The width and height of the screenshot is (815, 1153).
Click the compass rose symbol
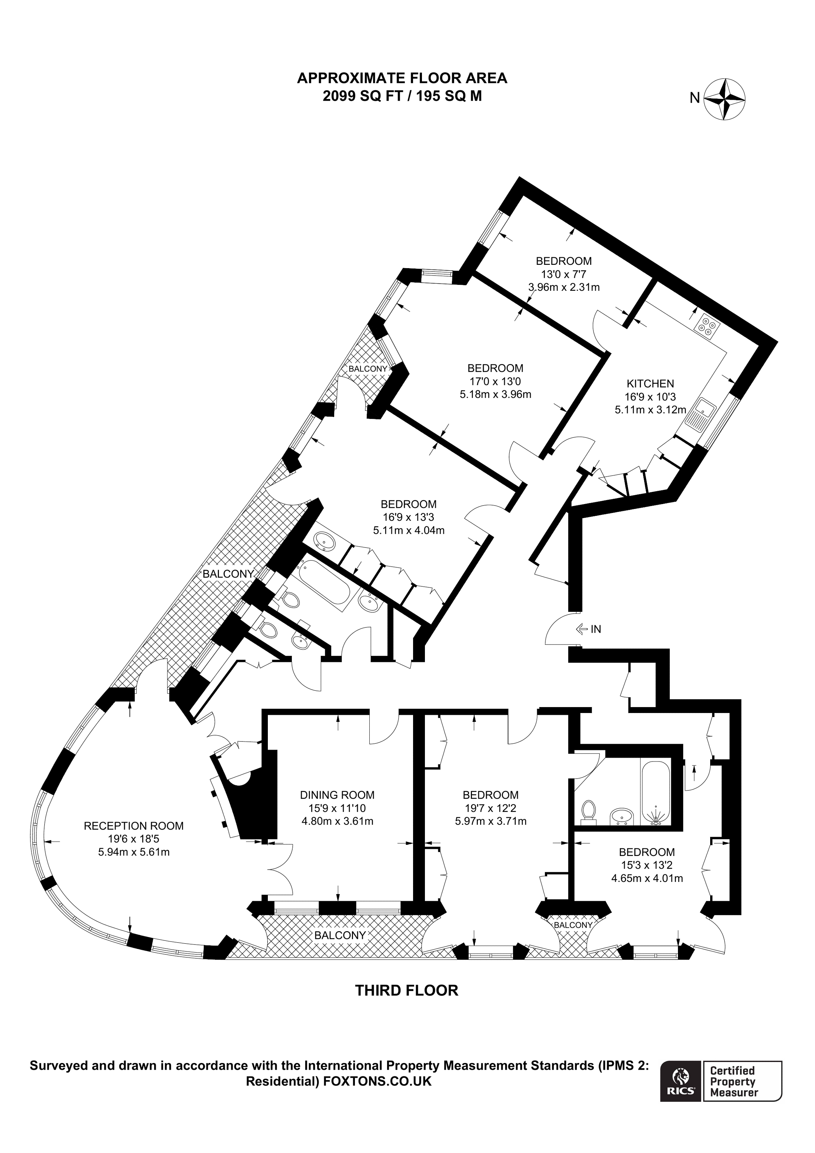tap(724, 99)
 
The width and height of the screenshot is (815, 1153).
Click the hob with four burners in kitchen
tap(707, 326)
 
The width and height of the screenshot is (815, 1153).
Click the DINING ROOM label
tap(337, 795)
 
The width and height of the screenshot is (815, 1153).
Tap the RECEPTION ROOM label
tap(134, 826)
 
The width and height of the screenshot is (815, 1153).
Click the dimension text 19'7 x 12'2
tap(490, 808)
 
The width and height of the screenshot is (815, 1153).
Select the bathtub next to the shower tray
tap(655, 791)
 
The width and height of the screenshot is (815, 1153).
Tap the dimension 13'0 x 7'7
tap(563, 274)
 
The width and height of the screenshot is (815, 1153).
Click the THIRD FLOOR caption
tap(407, 990)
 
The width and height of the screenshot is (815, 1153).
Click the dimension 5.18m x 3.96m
tap(495, 394)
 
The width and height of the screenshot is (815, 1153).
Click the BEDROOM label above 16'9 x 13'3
tap(408, 504)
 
